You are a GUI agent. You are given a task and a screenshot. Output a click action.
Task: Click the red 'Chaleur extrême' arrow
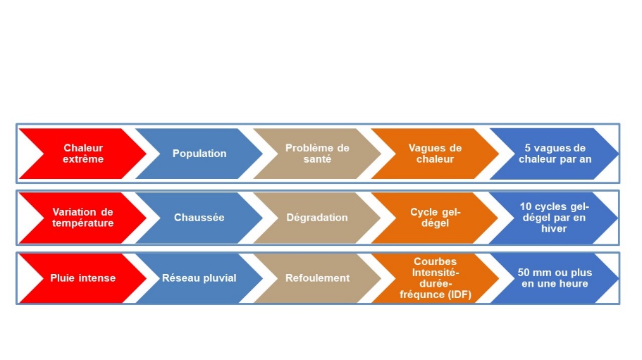pos(83,154)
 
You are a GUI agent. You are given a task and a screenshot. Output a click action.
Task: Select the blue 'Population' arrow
pos(199,154)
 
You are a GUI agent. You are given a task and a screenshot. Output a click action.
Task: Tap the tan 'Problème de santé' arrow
pos(317,154)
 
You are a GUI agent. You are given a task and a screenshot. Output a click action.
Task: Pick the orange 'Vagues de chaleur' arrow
pos(436,154)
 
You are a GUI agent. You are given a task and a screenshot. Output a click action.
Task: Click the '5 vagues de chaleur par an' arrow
pos(555,154)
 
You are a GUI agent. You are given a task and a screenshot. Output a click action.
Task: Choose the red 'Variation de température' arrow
pos(83,218)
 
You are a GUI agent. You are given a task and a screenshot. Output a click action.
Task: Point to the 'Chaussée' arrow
pos(199,218)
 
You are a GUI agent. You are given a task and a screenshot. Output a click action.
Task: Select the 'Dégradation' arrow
pos(317,218)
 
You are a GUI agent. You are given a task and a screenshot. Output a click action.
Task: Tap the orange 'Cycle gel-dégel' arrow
pos(436,218)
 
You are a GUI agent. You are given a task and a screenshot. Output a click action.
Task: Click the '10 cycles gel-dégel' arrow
pos(555,218)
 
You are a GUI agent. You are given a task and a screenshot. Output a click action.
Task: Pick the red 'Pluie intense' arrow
pos(83,278)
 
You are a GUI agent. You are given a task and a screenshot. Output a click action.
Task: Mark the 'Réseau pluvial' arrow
pos(199,278)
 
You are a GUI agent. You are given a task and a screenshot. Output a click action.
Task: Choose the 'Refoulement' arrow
pos(317,278)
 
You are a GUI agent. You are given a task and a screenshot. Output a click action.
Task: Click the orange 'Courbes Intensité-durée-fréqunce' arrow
pos(436,278)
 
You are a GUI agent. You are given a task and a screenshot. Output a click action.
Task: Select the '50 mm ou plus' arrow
pos(555,278)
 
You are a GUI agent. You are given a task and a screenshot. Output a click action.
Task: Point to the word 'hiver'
pos(554,229)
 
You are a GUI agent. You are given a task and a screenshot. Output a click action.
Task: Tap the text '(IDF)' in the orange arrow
pos(459,294)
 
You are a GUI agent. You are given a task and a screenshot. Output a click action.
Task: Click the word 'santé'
pos(317,159)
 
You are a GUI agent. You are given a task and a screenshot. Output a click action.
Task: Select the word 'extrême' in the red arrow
pos(83,159)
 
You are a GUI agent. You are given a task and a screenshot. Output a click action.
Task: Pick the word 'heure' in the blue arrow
pos(574,283)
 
